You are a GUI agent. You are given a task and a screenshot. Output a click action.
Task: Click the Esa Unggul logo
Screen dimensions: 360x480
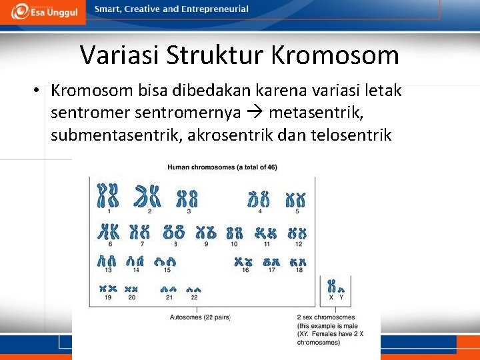pos(43,12)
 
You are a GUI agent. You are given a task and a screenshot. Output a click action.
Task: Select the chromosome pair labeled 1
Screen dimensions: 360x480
pos(108,195)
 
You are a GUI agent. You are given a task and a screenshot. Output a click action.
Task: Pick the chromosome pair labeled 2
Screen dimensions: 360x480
pos(148,195)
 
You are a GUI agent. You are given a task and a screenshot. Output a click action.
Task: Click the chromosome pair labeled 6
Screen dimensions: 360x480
pos(108,231)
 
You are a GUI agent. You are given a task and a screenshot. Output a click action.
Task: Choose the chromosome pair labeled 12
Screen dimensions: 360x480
pos(297,233)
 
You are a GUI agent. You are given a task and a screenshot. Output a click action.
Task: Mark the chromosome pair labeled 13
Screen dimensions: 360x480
pos(107,261)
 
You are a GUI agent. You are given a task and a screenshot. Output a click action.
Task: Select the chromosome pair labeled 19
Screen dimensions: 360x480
pos(107,289)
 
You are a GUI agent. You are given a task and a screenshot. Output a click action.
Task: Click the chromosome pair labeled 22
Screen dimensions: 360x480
pos(194,290)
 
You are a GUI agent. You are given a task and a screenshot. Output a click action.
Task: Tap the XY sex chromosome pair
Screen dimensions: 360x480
pos(335,287)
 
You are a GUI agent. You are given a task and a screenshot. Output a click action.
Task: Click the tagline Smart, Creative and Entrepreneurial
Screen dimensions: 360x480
pos(171,9)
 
